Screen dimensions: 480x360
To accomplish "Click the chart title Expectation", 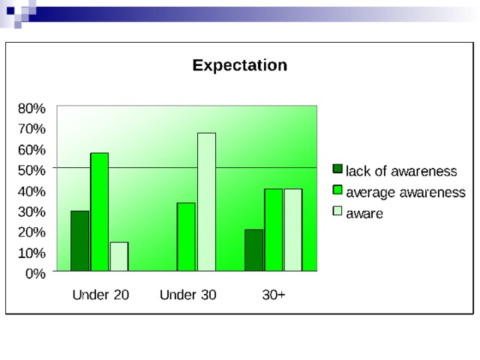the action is [x=240, y=65].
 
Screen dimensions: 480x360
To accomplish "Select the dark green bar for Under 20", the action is [x=80, y=241].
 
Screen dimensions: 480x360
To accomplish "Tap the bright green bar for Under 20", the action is [x=100, y=211].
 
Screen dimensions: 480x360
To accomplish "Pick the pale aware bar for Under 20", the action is [x=119, y=256].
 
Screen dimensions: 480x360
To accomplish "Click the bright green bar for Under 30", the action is [x=186, y=237].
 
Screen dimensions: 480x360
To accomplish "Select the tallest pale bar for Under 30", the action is [x=207, y=202].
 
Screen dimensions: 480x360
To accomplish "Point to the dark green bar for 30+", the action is [x=253, y=250].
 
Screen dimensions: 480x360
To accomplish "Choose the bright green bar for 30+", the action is [x=273, y=229].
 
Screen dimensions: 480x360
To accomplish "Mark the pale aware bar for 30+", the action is [x=293, y=229].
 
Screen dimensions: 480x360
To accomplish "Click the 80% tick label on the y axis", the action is [x=31, y=109].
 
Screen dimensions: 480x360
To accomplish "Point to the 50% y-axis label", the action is [x=31, y=170].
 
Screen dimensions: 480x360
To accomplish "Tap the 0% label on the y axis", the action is [x=35, y=274].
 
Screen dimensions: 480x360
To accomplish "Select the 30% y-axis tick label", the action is [x=31, y=211].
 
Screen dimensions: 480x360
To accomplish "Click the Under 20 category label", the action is [x=100, y=295].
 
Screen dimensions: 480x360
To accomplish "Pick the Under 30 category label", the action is [x=188, y=295].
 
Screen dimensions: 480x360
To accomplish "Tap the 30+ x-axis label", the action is [x=274, y=295].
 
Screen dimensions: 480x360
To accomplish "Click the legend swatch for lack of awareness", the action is [x=337, y=169].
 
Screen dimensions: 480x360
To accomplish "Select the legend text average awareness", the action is [x=406, y=193].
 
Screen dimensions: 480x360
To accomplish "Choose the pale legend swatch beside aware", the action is [x=337, y=211].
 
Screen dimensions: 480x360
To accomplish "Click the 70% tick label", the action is [x=31, y=129].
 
